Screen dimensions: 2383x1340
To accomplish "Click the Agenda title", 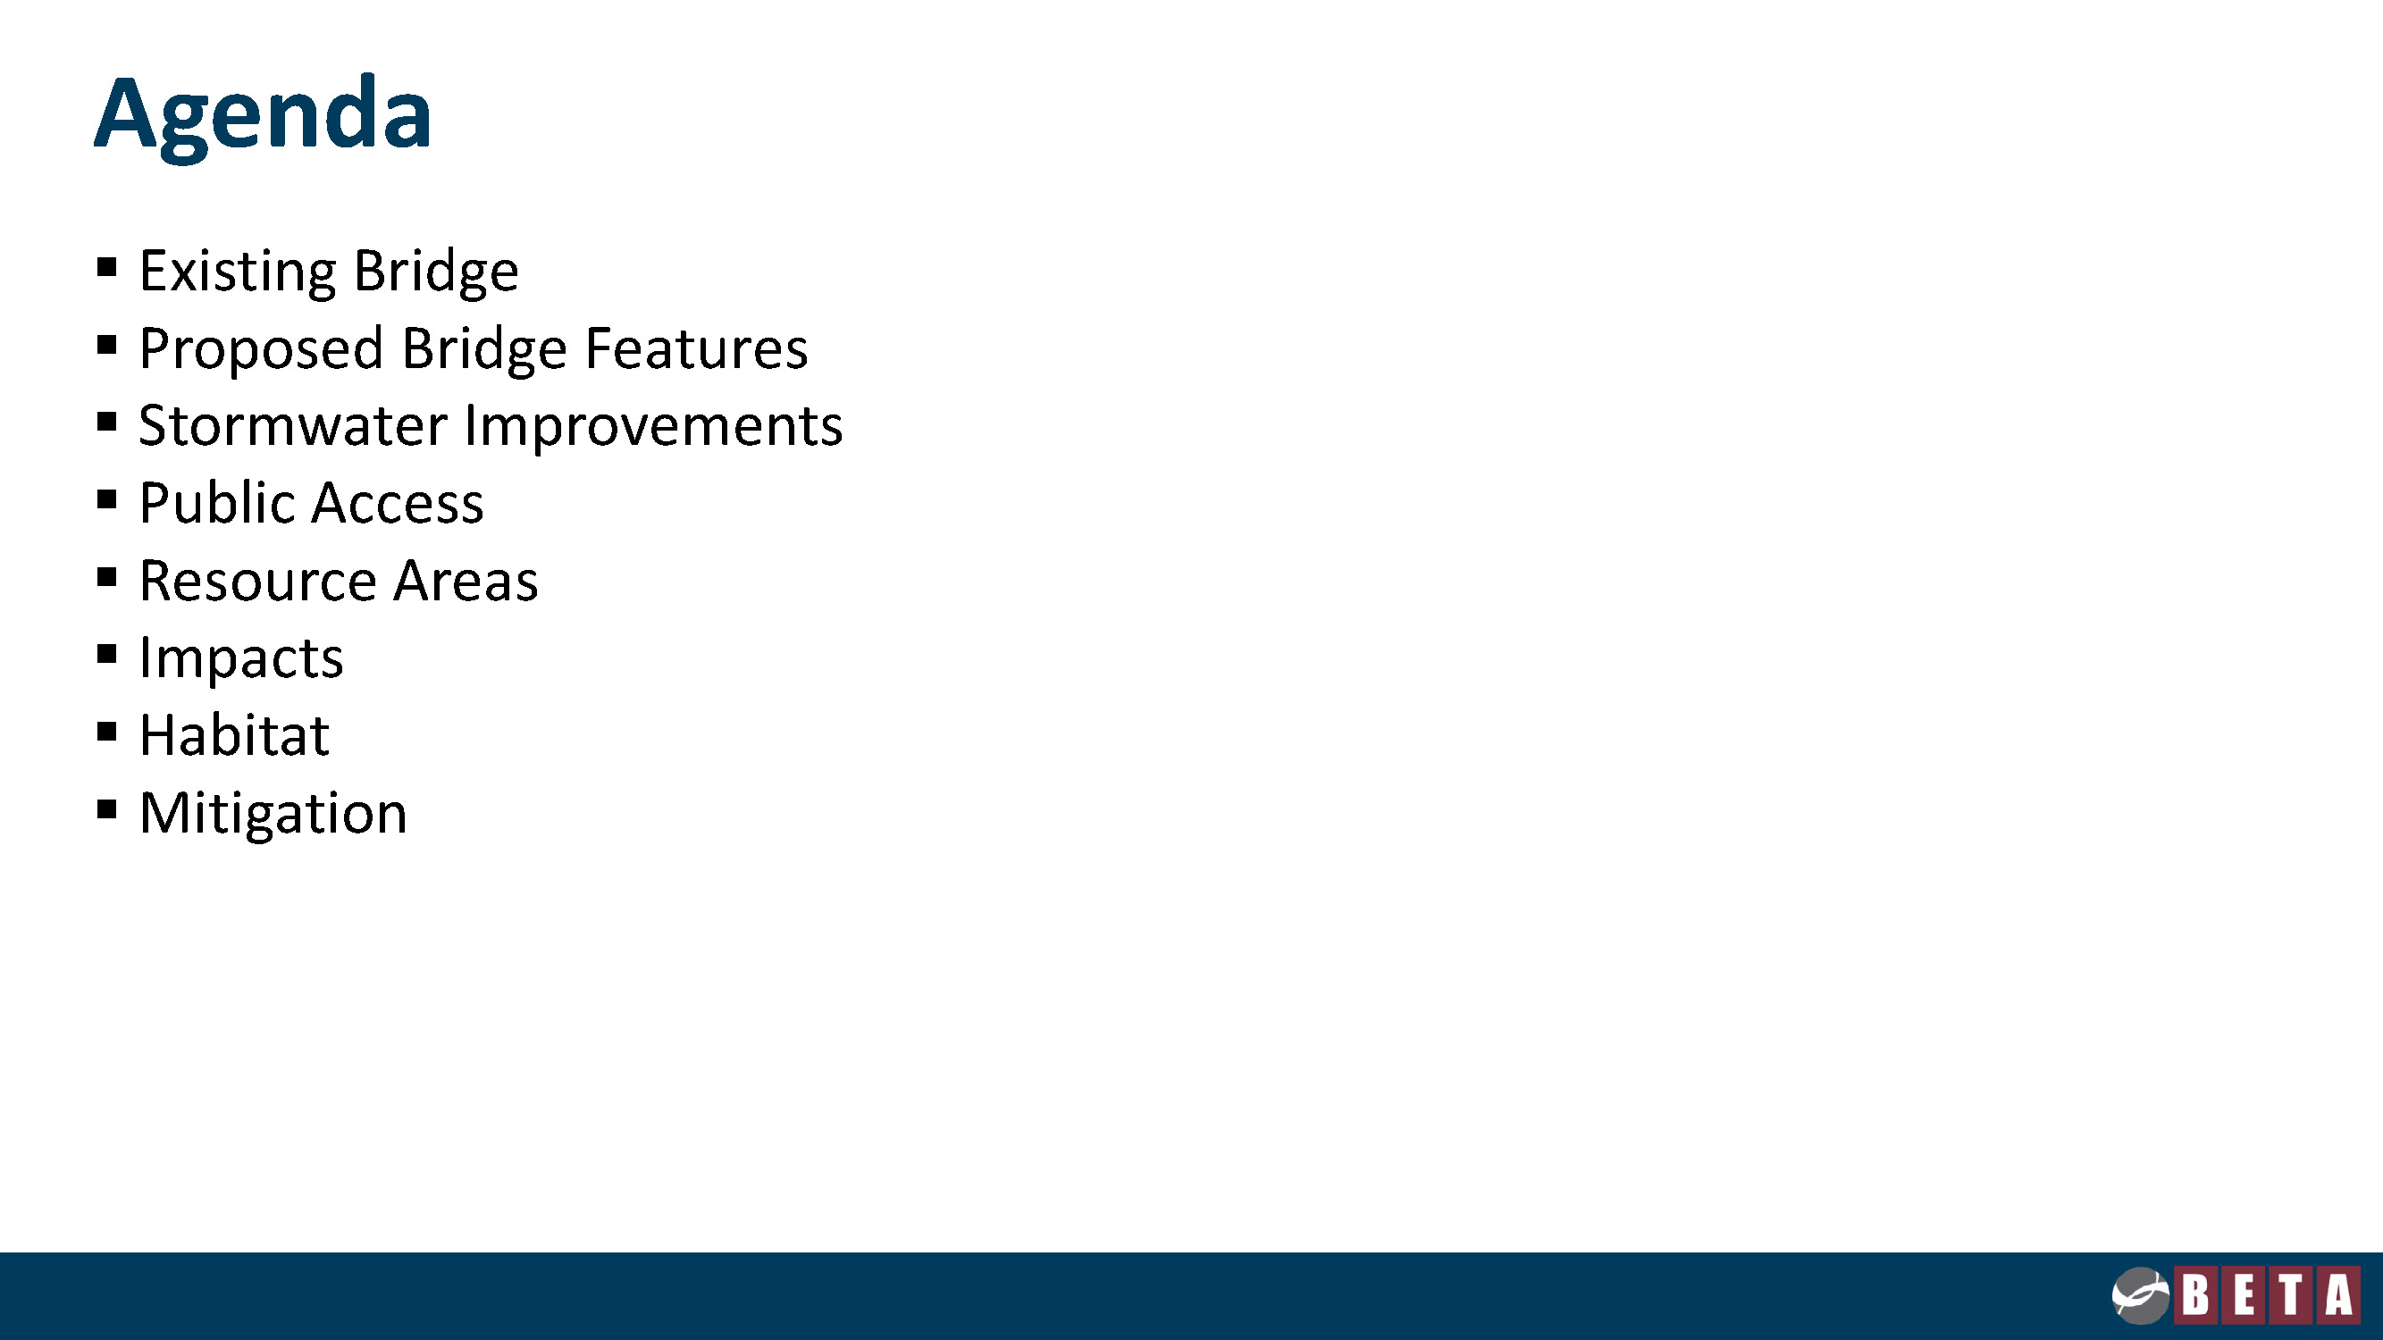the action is pos(263,114).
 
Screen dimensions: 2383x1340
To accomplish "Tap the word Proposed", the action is pos(261,349).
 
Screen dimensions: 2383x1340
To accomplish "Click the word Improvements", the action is pos(654,427).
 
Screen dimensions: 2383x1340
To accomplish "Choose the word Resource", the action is pos(258,581).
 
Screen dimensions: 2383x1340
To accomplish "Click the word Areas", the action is pos(466,581).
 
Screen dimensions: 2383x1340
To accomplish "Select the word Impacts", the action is pos(241,659).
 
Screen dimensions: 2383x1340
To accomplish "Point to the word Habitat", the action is pos(235,735).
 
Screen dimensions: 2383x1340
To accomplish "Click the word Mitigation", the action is pos(273,814).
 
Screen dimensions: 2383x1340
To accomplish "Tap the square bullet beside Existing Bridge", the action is pos(106,268).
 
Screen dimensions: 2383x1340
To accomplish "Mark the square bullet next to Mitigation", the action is pos(106,810).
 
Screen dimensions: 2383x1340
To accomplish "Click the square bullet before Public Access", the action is pos(106,500).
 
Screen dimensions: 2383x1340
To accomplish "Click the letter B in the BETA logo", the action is pos(2196,1294).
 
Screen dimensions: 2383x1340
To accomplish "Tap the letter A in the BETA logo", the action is pos(2338,1294).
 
